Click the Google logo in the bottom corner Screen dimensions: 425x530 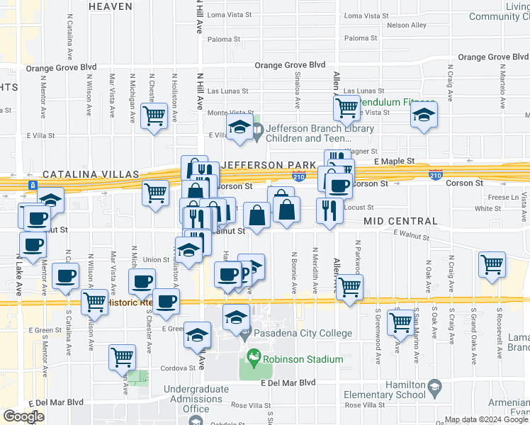(x=23, y=416)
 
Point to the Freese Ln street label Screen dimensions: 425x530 (x=504, y=198)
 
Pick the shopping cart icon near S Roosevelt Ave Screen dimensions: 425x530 (x=492, y=265)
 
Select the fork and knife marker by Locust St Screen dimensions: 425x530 (x=329, y=211)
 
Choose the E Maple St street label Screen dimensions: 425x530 (x=395, y=161)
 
